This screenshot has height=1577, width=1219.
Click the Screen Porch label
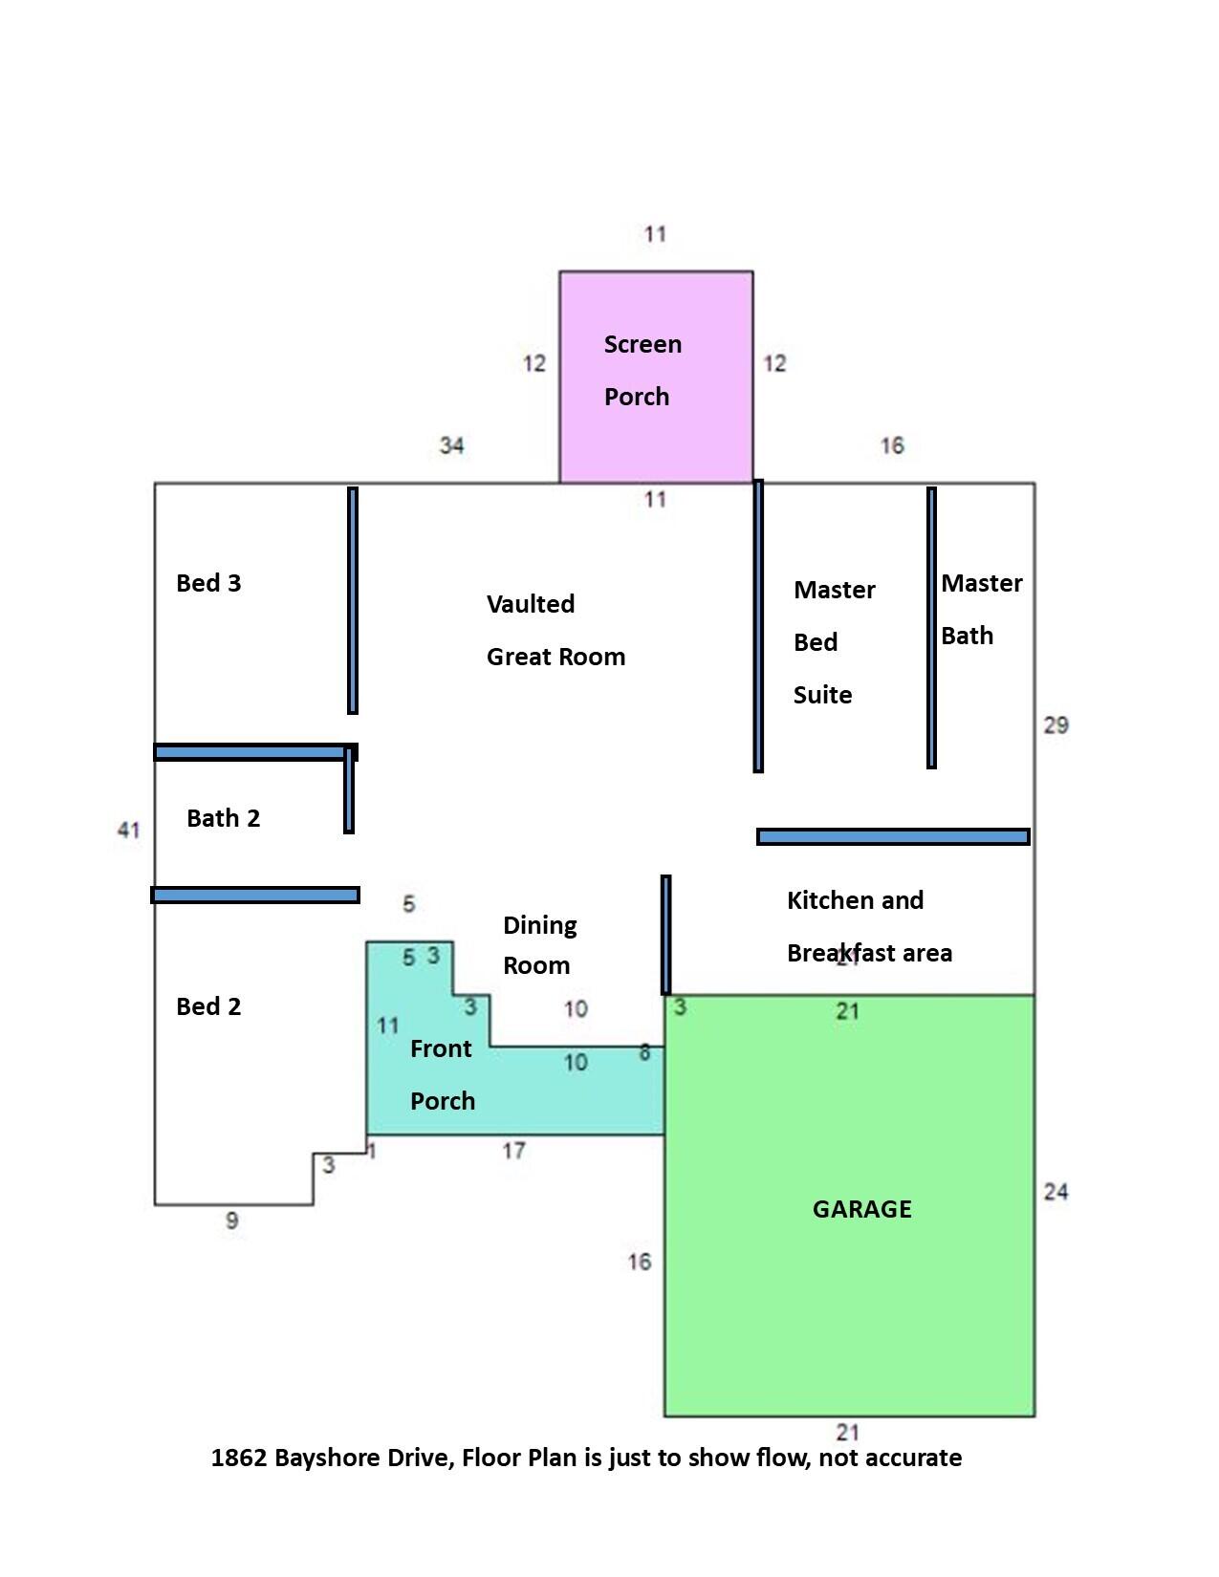coord(642,370)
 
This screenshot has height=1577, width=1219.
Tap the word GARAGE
coord(861,1209)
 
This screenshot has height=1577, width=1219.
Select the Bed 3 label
coord(208,583)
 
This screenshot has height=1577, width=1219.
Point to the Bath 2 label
coord(223,818)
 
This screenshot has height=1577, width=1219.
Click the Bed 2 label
coord(208,1006)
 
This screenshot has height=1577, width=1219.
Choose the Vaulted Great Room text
coord(555,630)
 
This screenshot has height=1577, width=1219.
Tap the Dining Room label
coord(539,945)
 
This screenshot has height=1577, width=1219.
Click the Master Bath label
coord(981,609)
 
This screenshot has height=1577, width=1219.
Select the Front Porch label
coord(442,1074)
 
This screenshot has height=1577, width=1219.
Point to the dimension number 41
coord(128,830)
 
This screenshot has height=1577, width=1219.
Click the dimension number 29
coord(1056,725)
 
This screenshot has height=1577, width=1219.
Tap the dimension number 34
coord(451,445)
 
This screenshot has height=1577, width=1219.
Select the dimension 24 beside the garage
coord(1056,1192)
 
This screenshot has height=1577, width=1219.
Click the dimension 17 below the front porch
coord(513,1151)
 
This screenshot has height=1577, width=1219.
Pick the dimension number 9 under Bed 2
coord(231,1221)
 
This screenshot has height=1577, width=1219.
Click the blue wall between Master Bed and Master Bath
coord(931,627)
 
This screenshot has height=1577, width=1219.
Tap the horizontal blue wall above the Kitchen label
coord(893,836)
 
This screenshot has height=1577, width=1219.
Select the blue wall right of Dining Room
coord(665,934)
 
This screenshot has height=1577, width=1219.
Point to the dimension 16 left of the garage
coord(639,1262)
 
